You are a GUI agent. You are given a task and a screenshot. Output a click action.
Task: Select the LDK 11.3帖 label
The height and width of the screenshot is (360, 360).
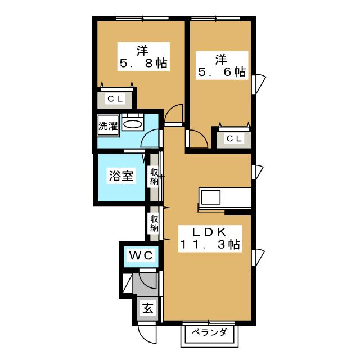pyautogui.click(x=210, y=238)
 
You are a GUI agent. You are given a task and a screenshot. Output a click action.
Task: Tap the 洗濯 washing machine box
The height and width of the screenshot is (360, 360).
pyautogui.click(x=108, y=126)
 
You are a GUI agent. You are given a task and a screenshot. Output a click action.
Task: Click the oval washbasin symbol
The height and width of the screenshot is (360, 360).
pyautogui.click(x=133, y=124)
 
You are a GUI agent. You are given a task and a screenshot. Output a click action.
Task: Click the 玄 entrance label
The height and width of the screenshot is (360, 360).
pyautogui.click(x=147, y=309)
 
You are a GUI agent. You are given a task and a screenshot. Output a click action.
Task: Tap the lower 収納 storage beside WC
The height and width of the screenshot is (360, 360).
pyautogui.click(x=154, y=223)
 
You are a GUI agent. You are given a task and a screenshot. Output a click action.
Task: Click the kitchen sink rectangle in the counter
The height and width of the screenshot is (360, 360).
pyautogui.click(x=211, y=199)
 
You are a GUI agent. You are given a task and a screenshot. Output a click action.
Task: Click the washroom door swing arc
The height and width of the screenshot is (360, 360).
pyautogui.click(x=151, y=139)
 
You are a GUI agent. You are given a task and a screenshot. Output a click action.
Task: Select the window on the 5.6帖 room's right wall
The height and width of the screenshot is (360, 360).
pyautogui.click(x=259, y=84)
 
